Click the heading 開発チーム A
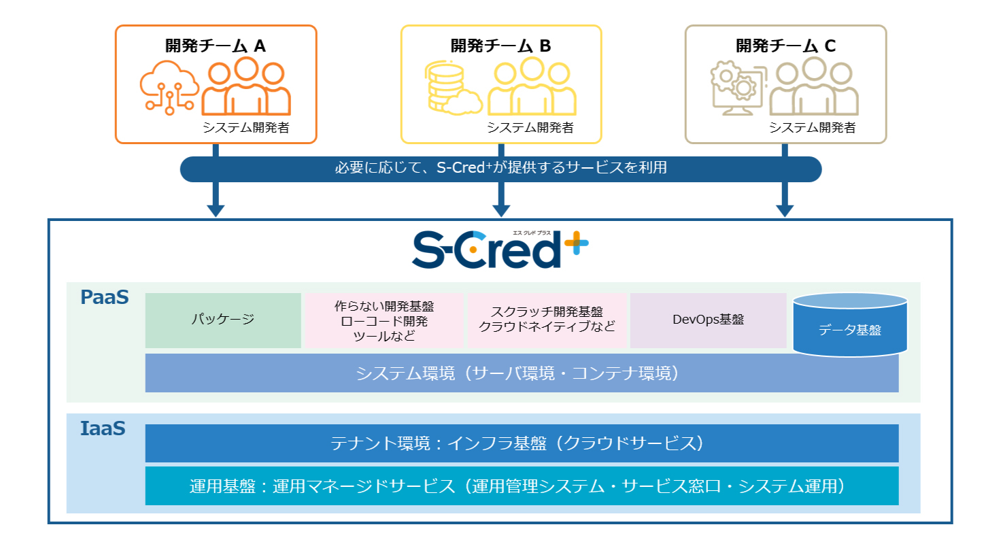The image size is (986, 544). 216,46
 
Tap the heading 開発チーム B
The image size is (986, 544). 500,46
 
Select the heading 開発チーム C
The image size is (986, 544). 785,46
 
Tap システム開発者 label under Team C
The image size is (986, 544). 812,127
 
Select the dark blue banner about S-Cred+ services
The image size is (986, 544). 500,169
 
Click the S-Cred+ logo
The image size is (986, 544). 500,250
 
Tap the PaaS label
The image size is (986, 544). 105,298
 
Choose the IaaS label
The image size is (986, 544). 103,429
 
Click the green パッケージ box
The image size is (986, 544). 223,320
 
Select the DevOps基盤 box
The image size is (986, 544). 708,320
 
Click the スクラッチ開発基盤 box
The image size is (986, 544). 547,320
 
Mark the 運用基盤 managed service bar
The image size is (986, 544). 522,486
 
